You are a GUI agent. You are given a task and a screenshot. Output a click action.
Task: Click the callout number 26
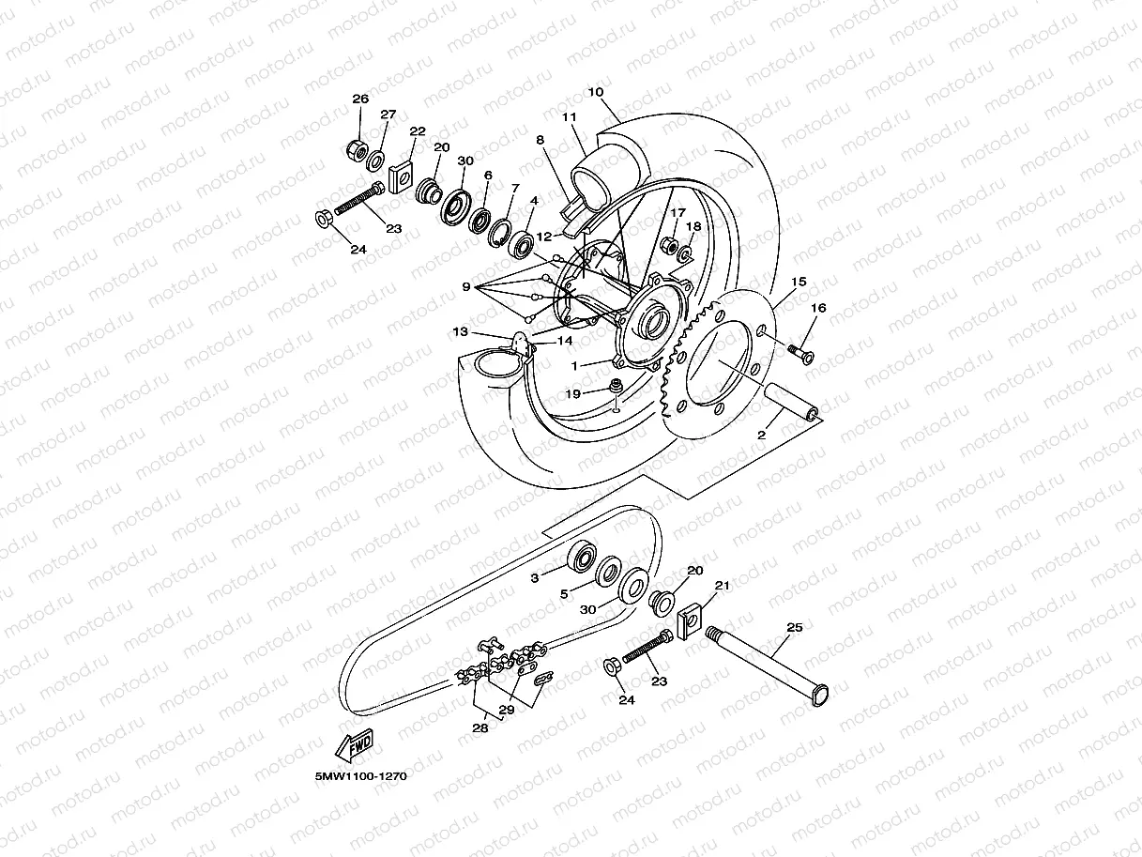point(360,99)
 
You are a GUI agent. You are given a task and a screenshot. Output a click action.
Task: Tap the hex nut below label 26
point(357,148)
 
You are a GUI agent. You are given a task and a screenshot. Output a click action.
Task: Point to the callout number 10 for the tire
point(595,92)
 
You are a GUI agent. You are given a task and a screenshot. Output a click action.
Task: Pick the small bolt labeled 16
point(800,352)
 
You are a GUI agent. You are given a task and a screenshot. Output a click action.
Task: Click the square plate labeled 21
point(691,620)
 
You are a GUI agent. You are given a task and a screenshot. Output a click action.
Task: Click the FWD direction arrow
point(355,747)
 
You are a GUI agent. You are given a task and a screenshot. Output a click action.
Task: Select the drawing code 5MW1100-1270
point(361,776)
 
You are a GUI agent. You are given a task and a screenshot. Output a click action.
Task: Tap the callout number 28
point(480,727)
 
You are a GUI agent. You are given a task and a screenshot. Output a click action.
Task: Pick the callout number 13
point(461,331)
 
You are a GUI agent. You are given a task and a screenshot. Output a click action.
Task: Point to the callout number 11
point(568,117)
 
